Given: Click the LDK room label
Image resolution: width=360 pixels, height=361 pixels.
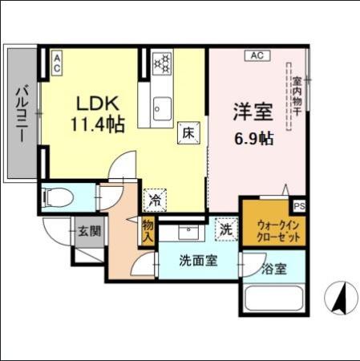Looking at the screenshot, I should click(x=97, y=103).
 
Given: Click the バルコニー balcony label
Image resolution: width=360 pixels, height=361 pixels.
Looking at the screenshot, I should click(x=22, y=112).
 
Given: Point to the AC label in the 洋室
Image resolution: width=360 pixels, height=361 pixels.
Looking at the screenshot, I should click(x=257, y=55).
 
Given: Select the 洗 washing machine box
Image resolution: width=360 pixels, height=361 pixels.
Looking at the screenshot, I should click(x=226, y=229).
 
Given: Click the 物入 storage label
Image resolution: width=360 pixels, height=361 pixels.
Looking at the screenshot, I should click(x=148, y=232).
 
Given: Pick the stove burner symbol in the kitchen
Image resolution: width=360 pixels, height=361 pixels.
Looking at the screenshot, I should click(x=162, y=61).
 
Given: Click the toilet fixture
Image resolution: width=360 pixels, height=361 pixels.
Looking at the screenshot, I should click(x=56, y=196).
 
